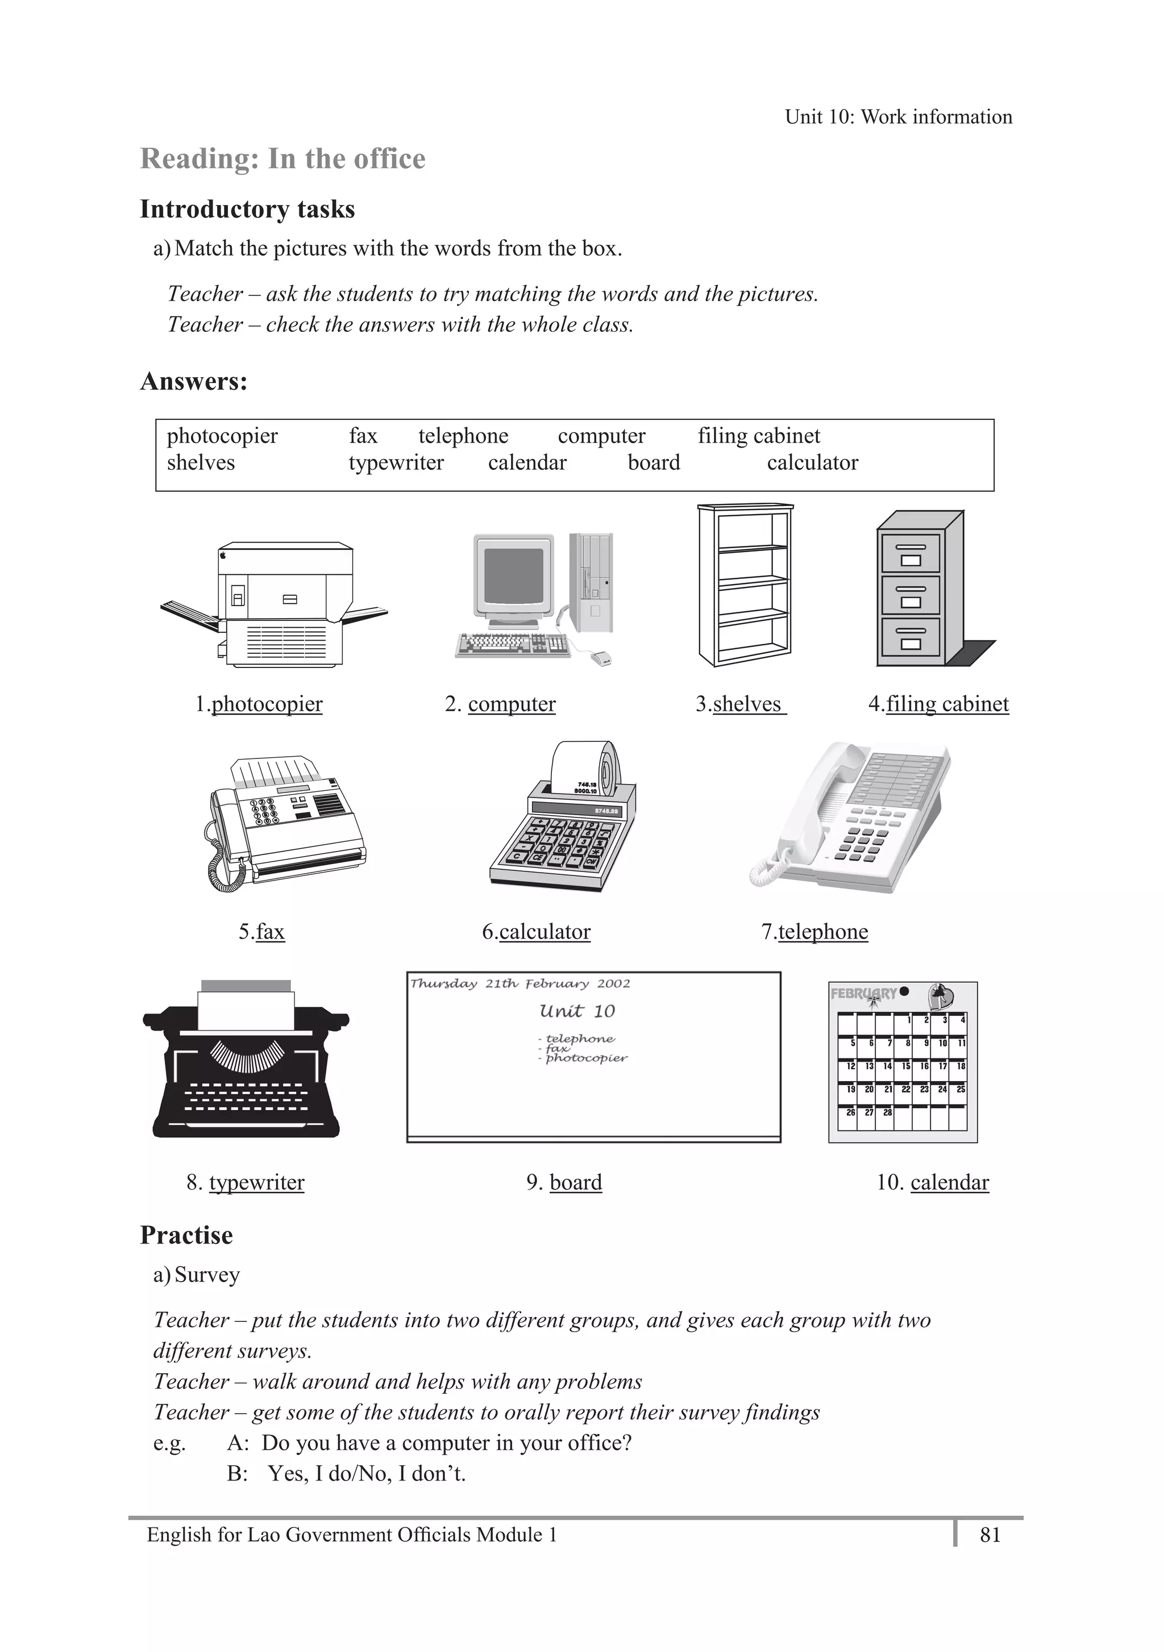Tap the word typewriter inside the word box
pos(396,462)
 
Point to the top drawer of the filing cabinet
pos(911,553)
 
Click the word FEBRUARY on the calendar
pos(863,994)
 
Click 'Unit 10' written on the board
pos(577,1012)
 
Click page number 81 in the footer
pos(990,1535)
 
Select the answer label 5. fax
pos(262,932)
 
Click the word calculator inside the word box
pos(812,462)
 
